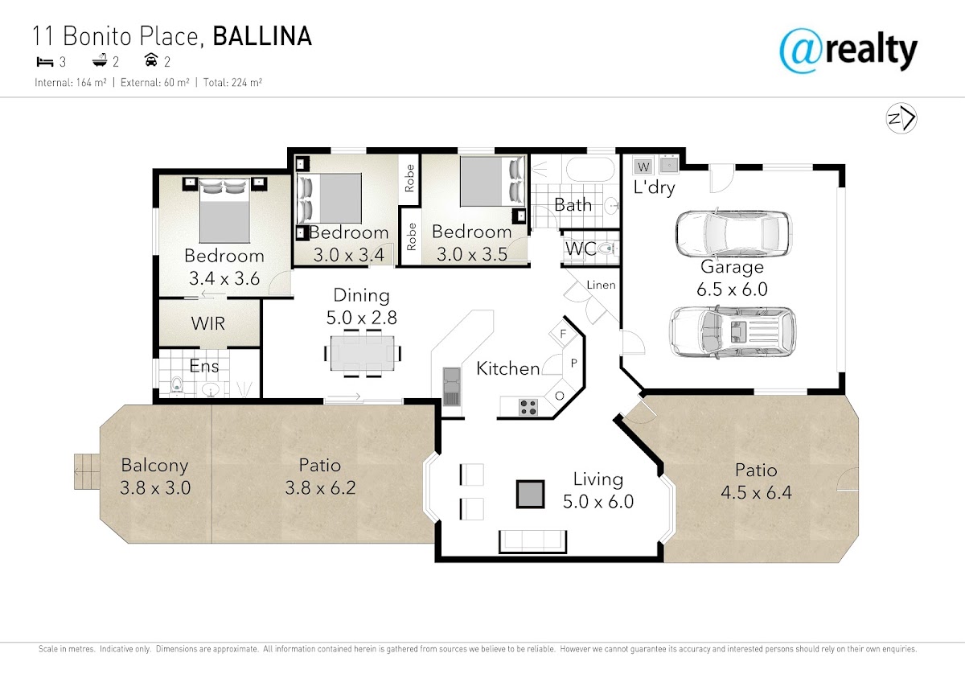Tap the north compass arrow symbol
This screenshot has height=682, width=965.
point(901,118)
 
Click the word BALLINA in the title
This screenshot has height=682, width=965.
point(262,36)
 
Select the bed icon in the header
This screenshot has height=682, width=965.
point(44,63)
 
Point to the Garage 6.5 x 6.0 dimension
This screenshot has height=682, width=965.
point(732,289)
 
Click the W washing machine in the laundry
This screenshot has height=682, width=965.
point(643,166)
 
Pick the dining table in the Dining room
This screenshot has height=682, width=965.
point(362,353)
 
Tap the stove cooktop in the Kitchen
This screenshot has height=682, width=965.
point(528,407)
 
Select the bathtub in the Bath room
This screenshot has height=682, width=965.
point(589,170)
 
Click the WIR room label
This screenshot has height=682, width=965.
point(208,323)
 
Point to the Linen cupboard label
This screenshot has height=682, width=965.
point(601,285)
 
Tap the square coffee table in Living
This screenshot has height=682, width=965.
point(530,494)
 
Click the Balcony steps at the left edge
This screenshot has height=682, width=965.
point(87,471)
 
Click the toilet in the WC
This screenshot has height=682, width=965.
point(609,249)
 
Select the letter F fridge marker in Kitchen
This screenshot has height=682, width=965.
point(563,334)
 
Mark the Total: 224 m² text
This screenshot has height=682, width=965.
point(232,82)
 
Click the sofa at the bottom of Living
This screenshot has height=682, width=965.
point(532,541)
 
